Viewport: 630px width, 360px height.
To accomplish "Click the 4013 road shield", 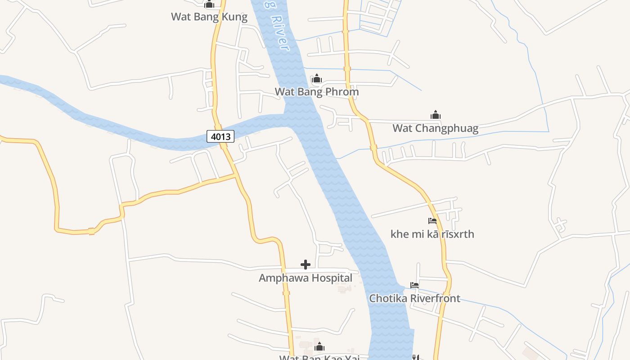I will click(220, 136).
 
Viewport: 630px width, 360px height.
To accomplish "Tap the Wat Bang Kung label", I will click(209, 17).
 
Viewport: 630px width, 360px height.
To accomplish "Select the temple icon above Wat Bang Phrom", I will click(317, 79).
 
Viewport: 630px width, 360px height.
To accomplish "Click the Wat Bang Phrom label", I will click(317, 92).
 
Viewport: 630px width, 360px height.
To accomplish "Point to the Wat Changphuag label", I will click(435, 128).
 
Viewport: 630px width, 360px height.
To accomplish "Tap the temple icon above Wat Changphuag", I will click(435, 115).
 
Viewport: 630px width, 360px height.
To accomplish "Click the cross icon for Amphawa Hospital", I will click(306, 265).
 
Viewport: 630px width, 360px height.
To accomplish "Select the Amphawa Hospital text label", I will click(306, 278).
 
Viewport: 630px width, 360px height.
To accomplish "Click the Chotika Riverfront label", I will click(414, 298).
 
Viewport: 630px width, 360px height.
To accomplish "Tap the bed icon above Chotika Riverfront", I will click(414, 285).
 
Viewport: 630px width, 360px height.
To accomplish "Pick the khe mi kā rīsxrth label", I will click(432, 234).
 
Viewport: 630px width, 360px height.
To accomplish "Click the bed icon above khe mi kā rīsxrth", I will click(432, 221).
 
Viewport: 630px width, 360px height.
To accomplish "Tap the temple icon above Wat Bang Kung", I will click(209, 5).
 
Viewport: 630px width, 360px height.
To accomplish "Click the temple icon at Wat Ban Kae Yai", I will click(319, 346).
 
